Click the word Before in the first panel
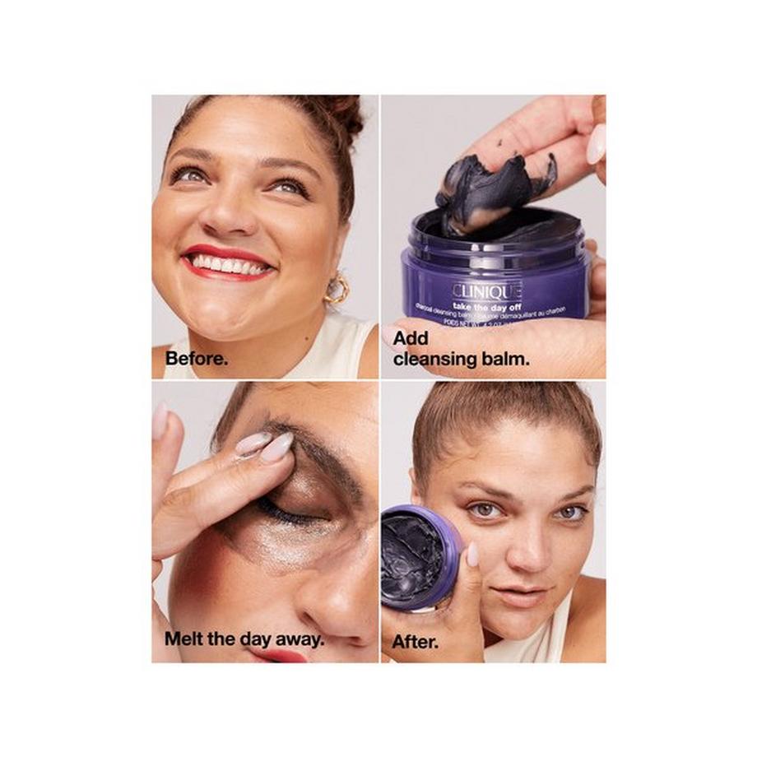pos(196,360)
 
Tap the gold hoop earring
pos(336,290)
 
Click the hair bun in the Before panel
pos(344,115)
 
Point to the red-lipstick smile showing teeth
pos(228,265)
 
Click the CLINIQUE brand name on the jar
pos(486,290)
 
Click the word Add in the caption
pos(411,338)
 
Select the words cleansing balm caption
pos(461,359)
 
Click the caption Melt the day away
pos(243,638)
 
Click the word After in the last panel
pos(414,641)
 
